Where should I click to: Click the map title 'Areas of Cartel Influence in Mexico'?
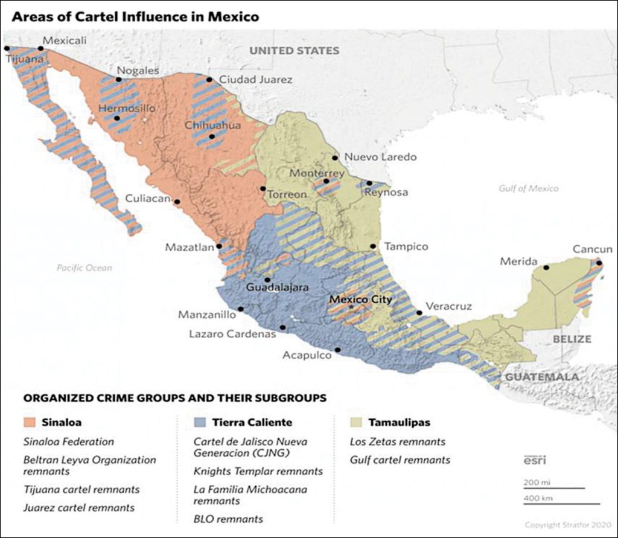(x=135, y=16)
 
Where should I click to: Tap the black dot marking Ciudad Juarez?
(x=209, y=80)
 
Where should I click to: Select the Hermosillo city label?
(x=127, y=108)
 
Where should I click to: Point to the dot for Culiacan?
(x=177, y=202)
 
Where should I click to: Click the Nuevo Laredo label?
(x=380, y=157)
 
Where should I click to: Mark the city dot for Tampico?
(x=373, y=246)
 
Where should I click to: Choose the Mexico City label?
(x=360, y=299)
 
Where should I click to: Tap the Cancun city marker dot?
(x=598, y=263)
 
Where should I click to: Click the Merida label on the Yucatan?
(x=518, y=261)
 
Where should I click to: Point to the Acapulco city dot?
(x=337, y=350)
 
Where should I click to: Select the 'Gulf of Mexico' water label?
(x=529, y=188)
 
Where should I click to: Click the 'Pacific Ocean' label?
(x=84, y=267)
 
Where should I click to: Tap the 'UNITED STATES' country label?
(x=295, y=51)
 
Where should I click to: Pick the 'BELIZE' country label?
(x=572, y=339)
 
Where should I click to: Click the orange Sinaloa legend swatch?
(x=30, y=422)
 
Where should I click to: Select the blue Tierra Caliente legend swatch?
(x=200, y=422)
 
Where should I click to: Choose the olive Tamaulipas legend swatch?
(x=357, y=422)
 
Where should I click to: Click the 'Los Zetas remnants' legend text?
(x=397, y=442)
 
